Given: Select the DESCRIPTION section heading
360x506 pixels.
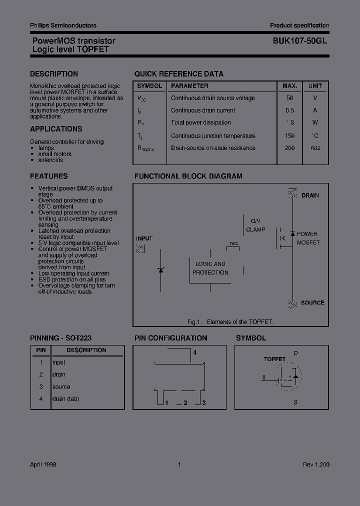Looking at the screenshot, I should [x=54, y=74].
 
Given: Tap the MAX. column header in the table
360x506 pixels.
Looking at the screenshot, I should [x=290, y=86].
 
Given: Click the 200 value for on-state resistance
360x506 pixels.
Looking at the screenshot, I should [x=290, y=148].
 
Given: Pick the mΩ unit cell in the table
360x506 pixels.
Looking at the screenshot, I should [x=315, y=148].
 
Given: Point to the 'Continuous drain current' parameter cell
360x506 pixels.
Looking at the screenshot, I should [x=203, y=110].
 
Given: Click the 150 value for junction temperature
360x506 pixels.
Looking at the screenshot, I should [x=290, y=136].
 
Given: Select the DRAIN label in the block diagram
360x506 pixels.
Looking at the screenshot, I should [x=310, y=195].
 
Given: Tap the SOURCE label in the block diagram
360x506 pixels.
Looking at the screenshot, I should [x=312, y=303].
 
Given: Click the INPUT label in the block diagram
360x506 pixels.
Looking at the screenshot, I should [x=144, y=239].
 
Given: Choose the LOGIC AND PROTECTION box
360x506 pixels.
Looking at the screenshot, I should [x=210, y=268].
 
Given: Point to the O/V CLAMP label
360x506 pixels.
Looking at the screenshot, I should [x=255, y=225].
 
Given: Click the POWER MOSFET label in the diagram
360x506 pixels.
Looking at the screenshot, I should [x=308, y=238].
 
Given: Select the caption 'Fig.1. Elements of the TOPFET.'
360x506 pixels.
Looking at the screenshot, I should [x=230, y=322].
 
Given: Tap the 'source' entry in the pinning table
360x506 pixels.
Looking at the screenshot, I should [x=61, y=387].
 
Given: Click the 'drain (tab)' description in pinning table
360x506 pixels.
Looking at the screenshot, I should [x=65, y=399].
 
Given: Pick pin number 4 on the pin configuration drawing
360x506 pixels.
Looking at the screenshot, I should [x=195, y=352].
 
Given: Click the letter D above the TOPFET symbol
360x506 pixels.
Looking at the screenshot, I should [x=295, y=353].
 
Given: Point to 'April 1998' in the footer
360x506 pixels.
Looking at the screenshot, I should [x=43, y=464].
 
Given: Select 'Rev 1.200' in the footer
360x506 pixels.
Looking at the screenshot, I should [x=316, y=464].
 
